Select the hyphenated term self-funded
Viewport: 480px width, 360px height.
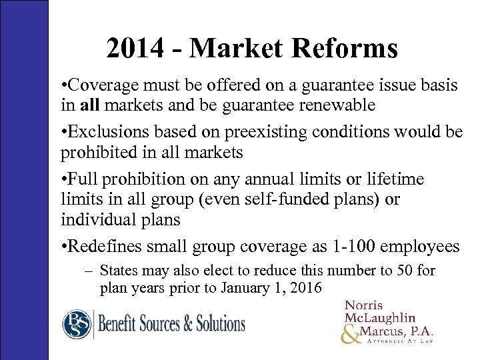(260, 199)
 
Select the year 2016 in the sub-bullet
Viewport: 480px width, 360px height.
(306, 288)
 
